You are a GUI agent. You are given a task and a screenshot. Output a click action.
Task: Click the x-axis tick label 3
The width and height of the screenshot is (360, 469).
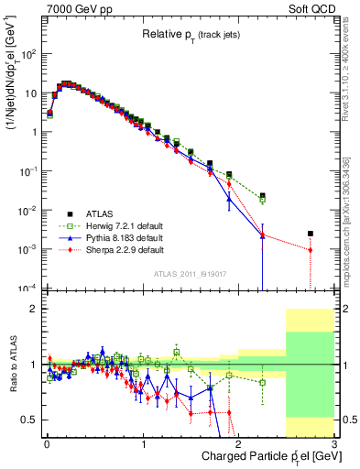point(334,444)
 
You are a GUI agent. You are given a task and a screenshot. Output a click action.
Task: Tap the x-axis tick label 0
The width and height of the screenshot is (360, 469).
point(46,444)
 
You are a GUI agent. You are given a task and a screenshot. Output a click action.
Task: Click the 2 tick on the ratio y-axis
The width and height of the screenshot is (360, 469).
point(37,309)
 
